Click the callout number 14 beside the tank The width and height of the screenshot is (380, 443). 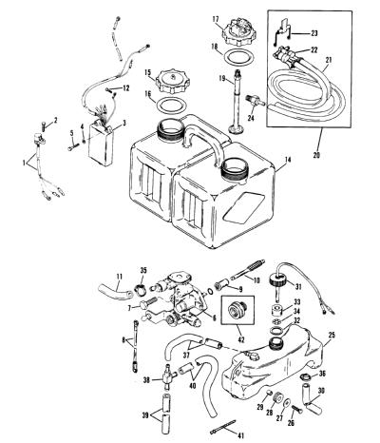tap(287, 160)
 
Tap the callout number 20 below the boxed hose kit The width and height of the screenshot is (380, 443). tap(316, 155)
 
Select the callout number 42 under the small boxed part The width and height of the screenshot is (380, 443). tap(241, 339)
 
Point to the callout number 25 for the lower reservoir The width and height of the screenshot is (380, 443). tap(332, 336)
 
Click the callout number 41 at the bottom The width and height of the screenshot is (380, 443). tap(240, 436)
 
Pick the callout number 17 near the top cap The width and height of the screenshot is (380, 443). tap(216, 20)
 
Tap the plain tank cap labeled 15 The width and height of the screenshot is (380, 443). tap(172, 82)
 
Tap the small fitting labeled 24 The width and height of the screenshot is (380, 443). tap(255, 99)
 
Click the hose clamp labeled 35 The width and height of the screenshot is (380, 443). tap(142, 289)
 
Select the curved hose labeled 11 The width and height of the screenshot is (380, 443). tap(115, 291)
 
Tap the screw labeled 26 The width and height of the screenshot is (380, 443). tap(297, 409)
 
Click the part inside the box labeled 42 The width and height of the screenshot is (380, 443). tap(237, 308)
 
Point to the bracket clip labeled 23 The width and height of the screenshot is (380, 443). tap(282, 33)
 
